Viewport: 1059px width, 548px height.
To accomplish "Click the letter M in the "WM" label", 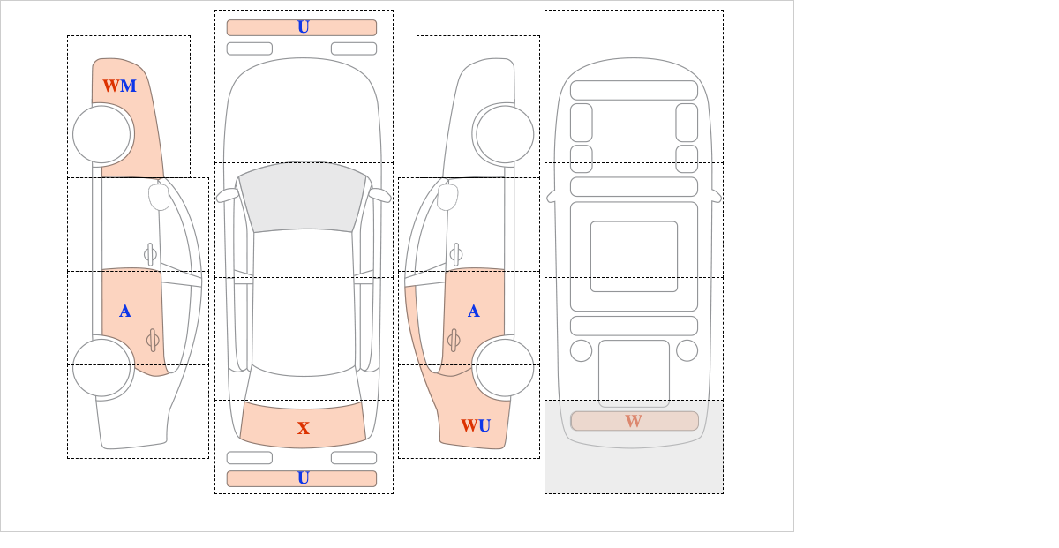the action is (x=128, y=86).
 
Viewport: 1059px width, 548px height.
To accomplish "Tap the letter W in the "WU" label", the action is (x=469, y=425).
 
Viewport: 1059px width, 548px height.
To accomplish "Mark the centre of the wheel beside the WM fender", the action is (x=101, y=134).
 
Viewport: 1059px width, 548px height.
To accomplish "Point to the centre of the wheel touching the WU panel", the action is (x=505, y=367).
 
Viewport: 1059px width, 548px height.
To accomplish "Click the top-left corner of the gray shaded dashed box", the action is (x=545, y=401).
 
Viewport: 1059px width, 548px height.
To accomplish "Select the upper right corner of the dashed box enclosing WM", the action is (x=190, y=35).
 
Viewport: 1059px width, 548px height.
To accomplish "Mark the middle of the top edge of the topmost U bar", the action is (x=302, y=20).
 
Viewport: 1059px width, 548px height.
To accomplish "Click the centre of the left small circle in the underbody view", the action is (x=581, y=351).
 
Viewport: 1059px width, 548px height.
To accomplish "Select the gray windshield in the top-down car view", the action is (x=303, y=197).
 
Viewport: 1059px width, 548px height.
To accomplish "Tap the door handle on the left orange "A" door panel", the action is (x=153, y=340).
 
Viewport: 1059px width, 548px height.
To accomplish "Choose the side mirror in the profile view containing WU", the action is (x=447, y=197).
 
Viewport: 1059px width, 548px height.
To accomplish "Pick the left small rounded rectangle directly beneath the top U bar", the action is (x=250, y=49).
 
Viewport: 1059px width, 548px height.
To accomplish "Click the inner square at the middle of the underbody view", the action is (x=634, y=256).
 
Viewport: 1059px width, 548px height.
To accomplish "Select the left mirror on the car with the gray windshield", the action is (x=227, y=195).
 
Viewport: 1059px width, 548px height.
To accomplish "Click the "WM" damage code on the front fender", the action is (x=120, y=86).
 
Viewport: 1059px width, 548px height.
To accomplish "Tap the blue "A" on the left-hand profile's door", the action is (x=124, y=312).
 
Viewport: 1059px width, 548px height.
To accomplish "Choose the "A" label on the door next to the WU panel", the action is (x=474, y=312).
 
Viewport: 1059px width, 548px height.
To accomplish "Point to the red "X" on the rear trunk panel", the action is (x=304, y=428).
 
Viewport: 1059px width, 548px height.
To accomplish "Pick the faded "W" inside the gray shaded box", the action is (x=634, y=421).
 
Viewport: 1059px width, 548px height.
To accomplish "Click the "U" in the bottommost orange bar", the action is (x=304, y=478).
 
